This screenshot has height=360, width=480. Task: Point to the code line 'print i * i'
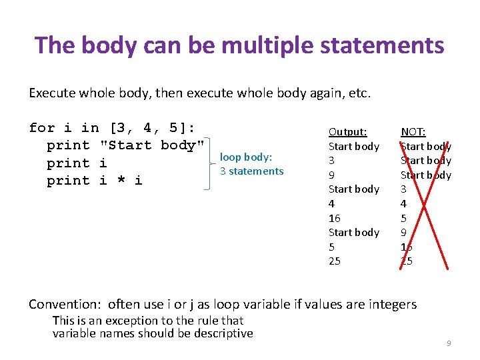94,181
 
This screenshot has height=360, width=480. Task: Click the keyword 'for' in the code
42,128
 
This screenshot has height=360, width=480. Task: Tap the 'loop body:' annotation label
246,157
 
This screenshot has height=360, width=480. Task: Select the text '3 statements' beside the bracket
252,171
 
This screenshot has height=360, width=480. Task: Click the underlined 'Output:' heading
348,132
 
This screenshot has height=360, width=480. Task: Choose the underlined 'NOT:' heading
413,132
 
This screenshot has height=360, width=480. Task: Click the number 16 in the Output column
335,218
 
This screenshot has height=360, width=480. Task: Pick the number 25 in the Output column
335,261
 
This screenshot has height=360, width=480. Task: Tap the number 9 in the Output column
332,175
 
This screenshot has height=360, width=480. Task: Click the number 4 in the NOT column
404,204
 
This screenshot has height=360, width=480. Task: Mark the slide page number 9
449,343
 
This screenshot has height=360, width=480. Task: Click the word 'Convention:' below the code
65,305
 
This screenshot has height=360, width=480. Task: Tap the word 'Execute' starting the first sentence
51,93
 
